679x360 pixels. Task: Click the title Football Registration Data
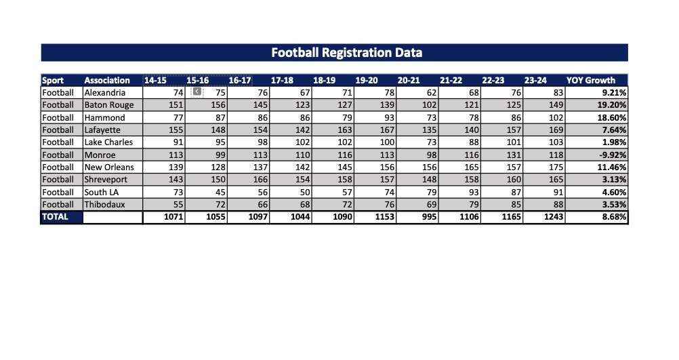point(346,52)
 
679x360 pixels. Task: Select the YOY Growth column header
point(590,80)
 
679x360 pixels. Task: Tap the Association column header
point(107,80)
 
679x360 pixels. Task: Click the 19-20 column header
point(367,80)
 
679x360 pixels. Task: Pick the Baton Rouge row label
point(109,105)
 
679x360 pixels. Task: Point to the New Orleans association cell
point(109,167)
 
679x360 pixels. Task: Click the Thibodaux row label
point(105,204)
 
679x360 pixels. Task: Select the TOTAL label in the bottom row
point(56,217)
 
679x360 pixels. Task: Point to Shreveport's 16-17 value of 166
point(260,180)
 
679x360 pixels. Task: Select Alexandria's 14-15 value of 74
point(178,93)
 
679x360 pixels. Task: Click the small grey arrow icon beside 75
point(197,92)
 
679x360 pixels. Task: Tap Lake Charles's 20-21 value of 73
point(430,142)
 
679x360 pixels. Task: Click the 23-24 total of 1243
point(552,217)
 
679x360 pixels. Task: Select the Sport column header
point(53,80)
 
